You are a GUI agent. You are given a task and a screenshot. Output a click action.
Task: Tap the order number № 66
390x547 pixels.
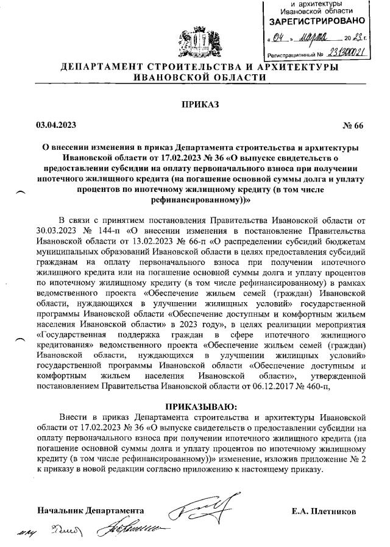(x=353, y=125)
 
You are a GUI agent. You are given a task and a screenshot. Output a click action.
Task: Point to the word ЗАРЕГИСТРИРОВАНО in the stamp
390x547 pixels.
(x=317, y=22)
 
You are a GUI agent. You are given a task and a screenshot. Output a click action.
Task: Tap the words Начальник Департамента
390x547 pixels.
(x=91, y=510)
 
